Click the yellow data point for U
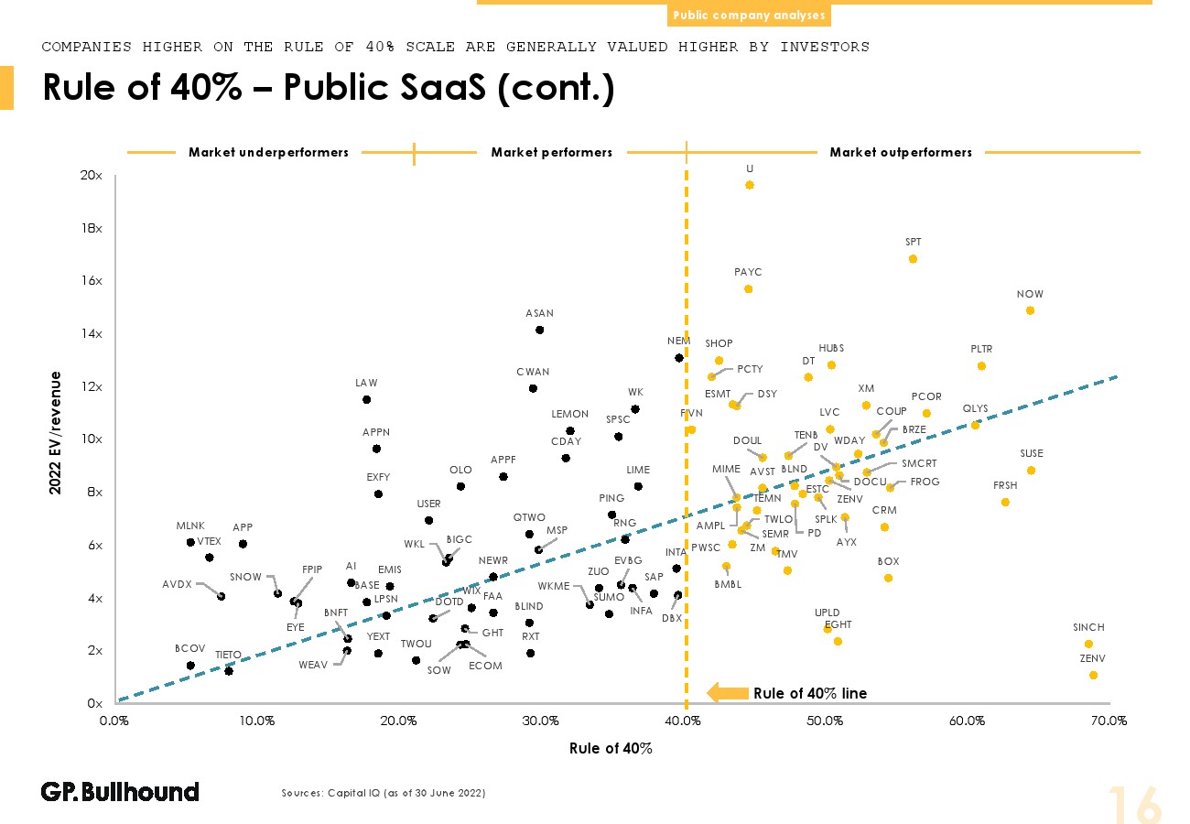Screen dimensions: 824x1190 [749, 185]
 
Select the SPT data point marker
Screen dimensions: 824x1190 [913, 259]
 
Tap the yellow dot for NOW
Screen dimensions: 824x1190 [1030, 310]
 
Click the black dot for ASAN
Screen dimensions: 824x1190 [539, 330]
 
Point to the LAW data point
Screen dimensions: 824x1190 [366, 399]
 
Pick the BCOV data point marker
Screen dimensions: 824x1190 [190, 666]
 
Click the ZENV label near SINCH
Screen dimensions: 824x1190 [1093, 658]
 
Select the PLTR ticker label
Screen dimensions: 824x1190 [981, 349]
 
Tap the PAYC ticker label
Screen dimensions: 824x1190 [748, 272]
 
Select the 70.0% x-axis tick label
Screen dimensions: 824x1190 [1109, 721]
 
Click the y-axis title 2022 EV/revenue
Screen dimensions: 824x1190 [56, 433]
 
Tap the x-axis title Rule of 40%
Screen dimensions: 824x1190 [611, 748]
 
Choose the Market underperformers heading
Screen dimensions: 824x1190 [268, 153]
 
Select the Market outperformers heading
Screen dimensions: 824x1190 [901, 153]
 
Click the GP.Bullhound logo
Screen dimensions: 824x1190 [120, 792]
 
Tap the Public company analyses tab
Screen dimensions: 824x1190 [748, 16]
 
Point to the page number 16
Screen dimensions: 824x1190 [1135, 804]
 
